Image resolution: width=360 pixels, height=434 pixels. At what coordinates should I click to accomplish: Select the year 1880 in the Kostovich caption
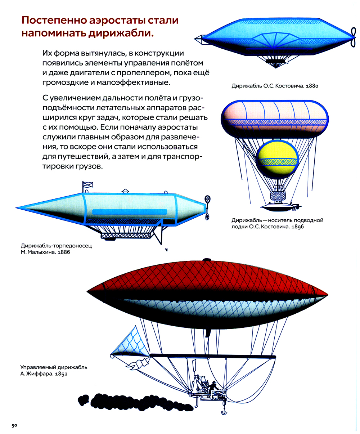[x=312, y=86]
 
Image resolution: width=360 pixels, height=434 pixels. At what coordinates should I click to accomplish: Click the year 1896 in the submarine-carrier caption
[x=297, y=227]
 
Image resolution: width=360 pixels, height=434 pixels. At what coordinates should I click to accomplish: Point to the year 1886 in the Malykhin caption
[x=64, y=252]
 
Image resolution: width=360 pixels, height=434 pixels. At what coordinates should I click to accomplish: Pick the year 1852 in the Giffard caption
[x=61, y=374]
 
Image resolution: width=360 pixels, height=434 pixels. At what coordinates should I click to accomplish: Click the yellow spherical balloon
[x=277, y=159]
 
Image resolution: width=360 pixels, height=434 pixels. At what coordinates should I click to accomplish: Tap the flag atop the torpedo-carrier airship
[x=88, y=184]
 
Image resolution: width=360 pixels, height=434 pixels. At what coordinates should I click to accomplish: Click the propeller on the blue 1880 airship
[x=353, y=37]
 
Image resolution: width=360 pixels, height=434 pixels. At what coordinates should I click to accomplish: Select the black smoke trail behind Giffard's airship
[x=135, y=402]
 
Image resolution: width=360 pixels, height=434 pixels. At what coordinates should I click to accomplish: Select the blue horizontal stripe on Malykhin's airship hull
[x=130, y=212]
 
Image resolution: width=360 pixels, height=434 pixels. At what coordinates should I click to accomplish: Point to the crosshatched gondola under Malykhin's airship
[x=126, y=236]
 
